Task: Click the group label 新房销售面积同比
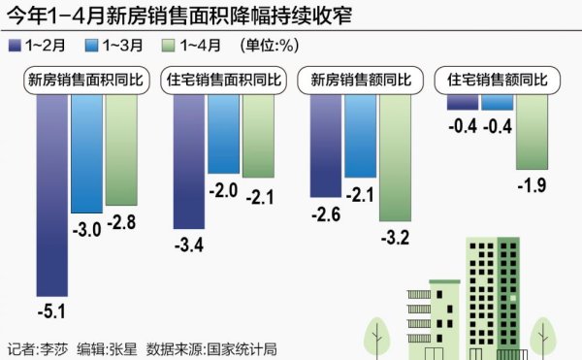tap(85, 81)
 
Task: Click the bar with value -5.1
tap(52, 194)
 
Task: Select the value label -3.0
tap(86, 228)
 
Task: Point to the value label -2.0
tap(224, 191)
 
